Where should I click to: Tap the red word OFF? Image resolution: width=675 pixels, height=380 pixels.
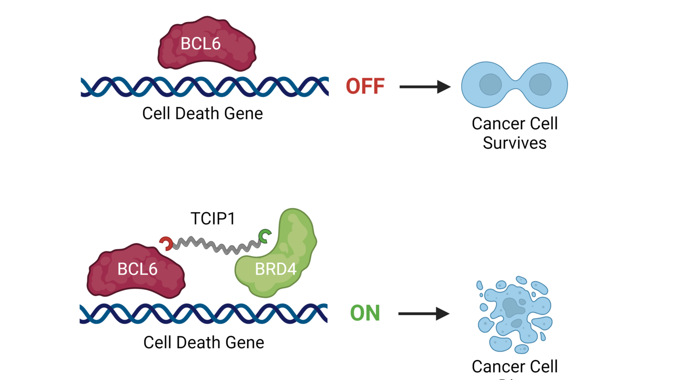[x=365, y=87]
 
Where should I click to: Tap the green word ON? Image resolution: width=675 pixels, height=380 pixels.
[x=365, y=313]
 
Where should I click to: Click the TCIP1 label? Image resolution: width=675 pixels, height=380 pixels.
[x=213, y=219]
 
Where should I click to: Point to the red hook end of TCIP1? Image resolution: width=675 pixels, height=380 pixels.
[x=166, y=243]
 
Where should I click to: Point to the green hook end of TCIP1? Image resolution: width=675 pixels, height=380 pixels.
[x=264, y=236]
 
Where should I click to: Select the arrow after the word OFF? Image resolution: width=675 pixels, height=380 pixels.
[x=425, y=87]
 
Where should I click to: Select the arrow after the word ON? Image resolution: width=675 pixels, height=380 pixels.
[x=424, y=314]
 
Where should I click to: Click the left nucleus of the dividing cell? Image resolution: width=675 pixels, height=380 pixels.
[x=490, y=85]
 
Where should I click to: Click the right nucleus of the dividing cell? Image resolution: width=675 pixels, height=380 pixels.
[x=540, y=85]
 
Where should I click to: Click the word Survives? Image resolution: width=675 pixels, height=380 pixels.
[x=514, y=143]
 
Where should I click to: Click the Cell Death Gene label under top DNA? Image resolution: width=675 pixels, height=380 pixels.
[x=202, y=114]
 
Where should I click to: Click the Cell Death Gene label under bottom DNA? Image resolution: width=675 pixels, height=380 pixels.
[x=203, y=343]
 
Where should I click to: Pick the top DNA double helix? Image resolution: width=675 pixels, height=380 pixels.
[x=204, y=87]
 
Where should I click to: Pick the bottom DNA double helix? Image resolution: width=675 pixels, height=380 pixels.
[x=203, y=313]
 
